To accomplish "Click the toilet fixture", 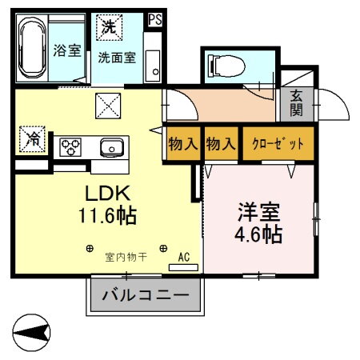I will coord(222,65).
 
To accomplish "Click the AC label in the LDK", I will coord(183,257).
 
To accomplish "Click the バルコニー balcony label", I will coord(145,295).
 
